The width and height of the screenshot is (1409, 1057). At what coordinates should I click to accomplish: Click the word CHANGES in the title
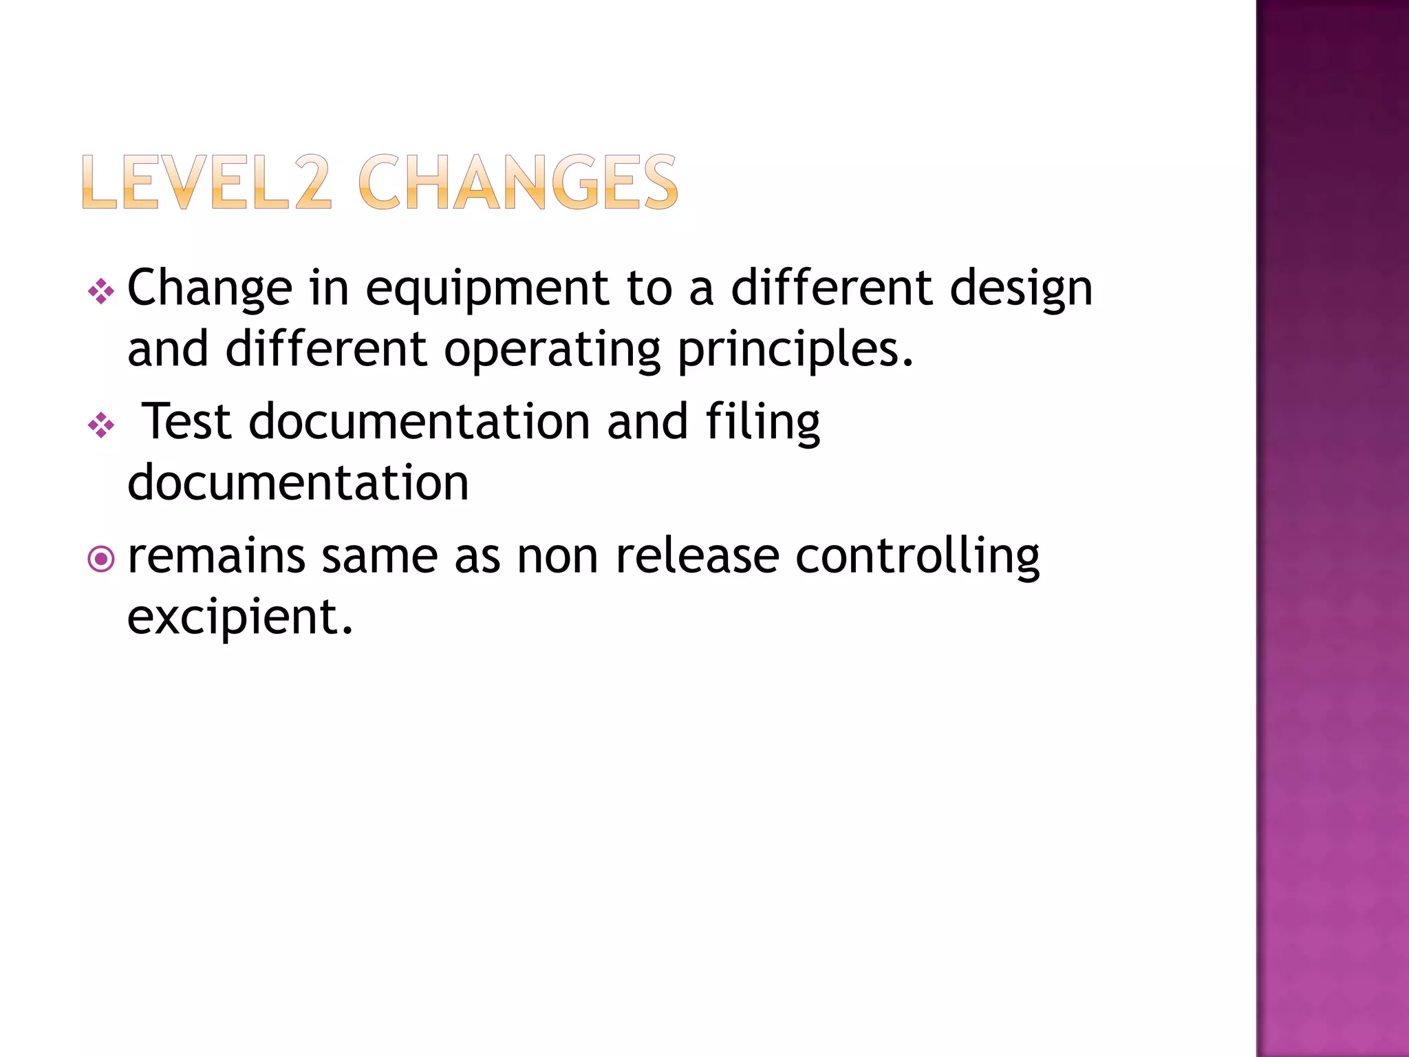pyautogui.click(x=517, y=182)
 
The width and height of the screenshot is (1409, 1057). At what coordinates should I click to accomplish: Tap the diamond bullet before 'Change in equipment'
pyautogui.click(x=101, y=291)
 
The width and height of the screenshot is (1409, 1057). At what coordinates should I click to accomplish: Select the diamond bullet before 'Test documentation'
pyautogui.click(x=101, y=425)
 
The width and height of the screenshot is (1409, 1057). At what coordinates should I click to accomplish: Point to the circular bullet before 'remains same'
pyautogui.click(x=101, y=559)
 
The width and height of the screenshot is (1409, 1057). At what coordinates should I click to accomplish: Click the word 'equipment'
pyautogui.click(x=486, y=289)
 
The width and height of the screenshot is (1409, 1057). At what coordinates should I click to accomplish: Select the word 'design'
pyautogui.click(x=1021, y=289)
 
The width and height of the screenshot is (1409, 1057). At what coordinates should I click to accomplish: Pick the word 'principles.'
pyautogui.click(x=796, y=350)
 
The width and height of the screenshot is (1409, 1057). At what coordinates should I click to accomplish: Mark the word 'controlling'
pyautogui.click(x=917, y=557)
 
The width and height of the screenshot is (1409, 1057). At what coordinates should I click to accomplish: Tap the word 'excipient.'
pyautogui.click(x=240, y=617)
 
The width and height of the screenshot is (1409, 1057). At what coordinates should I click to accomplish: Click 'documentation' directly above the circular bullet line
pyautogui.click(x=298, y=482)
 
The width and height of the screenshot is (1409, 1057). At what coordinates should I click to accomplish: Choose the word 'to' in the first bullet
pyautogui.click(x=649, y=289)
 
